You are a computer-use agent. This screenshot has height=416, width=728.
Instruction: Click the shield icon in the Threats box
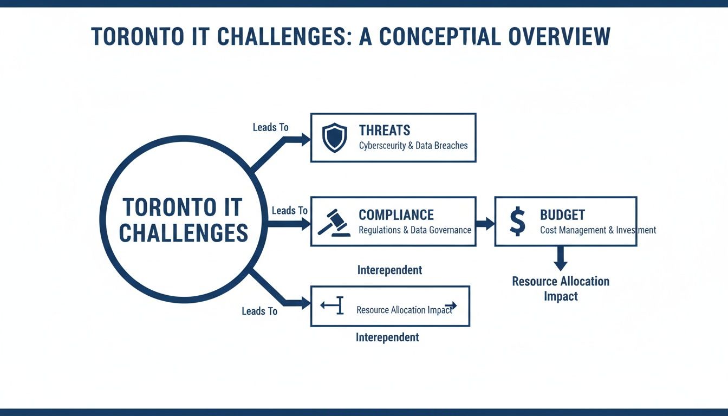pos(334,137)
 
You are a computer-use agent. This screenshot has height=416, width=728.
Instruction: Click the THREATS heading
pos(385,130)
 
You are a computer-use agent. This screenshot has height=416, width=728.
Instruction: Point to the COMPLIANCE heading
pos(396,215)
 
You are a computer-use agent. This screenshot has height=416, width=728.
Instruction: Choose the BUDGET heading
pos(562,215)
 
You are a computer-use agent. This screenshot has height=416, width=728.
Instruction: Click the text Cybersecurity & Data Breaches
pos(413,146)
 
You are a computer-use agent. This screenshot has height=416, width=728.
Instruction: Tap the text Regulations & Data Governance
pos(414,230)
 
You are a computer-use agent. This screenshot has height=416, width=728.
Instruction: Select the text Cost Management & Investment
pos(597,230)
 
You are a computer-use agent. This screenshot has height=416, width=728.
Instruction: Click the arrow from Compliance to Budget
pos(485,223)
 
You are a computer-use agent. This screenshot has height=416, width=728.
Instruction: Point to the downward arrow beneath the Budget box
pos(560,259)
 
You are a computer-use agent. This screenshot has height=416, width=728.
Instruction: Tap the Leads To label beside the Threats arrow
pos(270,127)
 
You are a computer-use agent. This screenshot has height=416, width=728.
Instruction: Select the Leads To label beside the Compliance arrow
pos(289,210)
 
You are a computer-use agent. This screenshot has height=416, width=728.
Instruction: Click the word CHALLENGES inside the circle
pos(183,232)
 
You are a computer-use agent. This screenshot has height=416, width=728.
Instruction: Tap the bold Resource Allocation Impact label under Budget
pos(561,289)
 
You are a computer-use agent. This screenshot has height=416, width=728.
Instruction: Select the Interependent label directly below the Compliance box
pos(389,270)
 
